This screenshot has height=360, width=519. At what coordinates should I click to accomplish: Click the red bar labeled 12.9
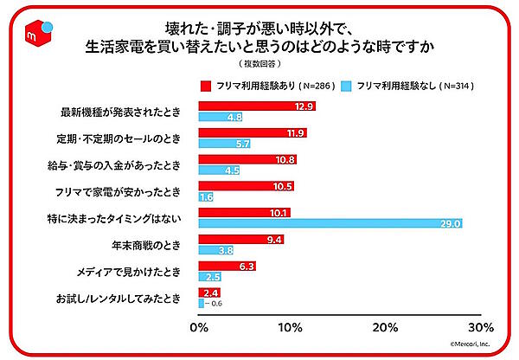[257, 106]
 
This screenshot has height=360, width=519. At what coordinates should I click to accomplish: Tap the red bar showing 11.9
[253, 132]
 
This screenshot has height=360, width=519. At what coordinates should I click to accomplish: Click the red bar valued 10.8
[248, 159]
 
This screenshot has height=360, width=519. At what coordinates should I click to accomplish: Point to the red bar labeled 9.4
[242, 240]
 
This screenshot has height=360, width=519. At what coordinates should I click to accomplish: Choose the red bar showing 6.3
[227, 266]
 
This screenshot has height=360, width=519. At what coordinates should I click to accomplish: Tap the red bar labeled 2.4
[210, 292]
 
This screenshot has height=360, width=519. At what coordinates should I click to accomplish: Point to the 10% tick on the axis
[292, 328]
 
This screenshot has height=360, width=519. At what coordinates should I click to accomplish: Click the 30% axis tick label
[481, 328]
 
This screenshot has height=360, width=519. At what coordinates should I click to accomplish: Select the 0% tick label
[199, 328]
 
